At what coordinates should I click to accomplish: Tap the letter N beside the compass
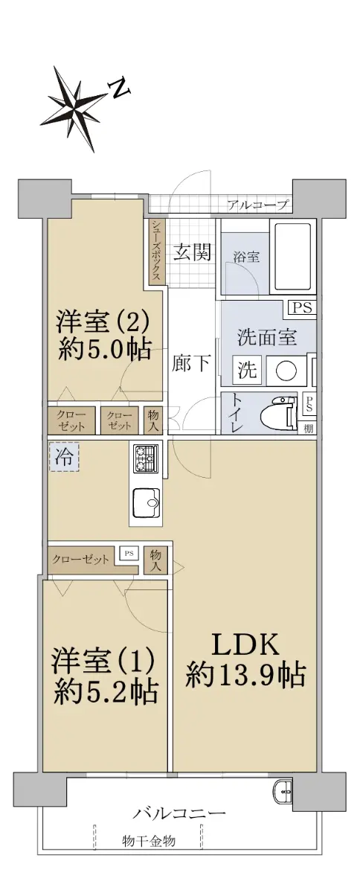[x=119, y=88]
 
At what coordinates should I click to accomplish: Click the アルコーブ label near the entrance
[x=257, y=205]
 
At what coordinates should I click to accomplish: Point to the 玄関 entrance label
[x=192, y=252]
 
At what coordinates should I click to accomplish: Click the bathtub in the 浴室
[x=292, y=257]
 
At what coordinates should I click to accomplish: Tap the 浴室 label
[x=247, y=257]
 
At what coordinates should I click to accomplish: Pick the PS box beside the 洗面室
[x=303, y=307]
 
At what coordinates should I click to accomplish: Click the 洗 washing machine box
[x=247, y=370]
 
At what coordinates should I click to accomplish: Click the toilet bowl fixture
[x=279, y=415]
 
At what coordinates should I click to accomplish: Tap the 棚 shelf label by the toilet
[x=308, y=429]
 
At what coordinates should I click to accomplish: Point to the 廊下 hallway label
[x=191, y=364]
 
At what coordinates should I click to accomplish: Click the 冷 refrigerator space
[x=64, y=457]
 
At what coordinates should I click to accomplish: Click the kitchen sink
[x=146, y=503]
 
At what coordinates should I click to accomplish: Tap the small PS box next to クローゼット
[x=129, y=554]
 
